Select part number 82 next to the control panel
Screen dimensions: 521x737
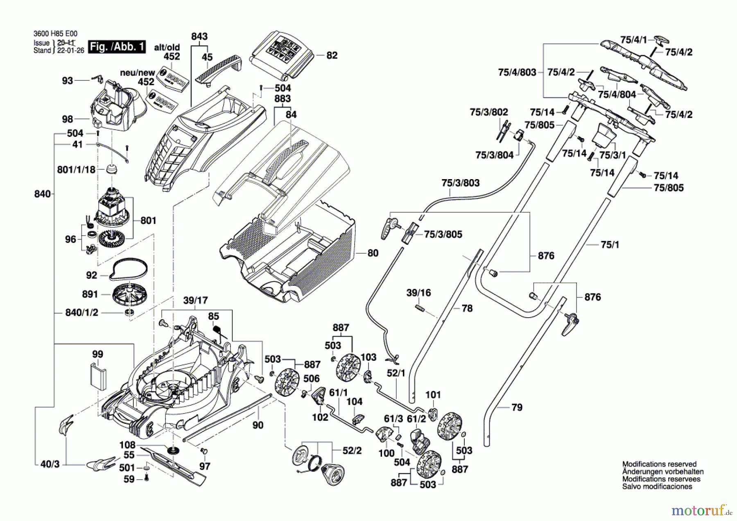tap(332, 55)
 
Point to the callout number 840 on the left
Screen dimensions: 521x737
tap(42, 194)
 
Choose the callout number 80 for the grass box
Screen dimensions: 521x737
tap(373, 253)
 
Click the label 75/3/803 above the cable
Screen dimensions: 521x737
tap(460, 183)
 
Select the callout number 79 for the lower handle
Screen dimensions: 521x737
tap(517, 407)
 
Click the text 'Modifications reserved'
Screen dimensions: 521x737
tap(659, 464)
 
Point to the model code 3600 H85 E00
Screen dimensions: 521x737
tap(55, 34)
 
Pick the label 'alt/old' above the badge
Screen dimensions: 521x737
tap(167, 48)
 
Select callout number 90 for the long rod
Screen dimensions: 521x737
tap(258, 425)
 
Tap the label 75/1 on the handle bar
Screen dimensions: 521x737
tap(610, 245)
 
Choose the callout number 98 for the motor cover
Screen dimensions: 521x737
tap(68, 119)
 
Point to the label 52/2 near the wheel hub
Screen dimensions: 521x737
tap(352, 450)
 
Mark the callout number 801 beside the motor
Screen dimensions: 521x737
tap(148, 221)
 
